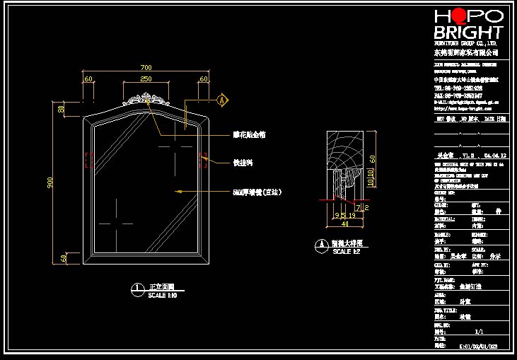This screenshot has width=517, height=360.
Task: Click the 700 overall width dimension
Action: coord(146,68)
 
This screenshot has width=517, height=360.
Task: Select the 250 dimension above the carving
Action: coord(146,79)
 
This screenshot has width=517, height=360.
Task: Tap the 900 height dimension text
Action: coord(50,182)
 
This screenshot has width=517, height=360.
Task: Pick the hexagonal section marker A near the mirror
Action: coord(223,100)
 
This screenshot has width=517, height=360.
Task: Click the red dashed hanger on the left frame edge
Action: coord(87,161)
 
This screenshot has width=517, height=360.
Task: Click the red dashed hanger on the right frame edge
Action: coord(204,160)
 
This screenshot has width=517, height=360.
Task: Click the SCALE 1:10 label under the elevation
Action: coord(162,295)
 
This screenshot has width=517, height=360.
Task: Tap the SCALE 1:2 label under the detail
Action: coord(347,252)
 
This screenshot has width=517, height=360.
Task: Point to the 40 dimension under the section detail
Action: coord(344,224)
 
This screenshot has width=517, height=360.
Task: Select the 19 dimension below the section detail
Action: coord(352,215)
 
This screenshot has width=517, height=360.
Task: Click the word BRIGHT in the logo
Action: coord(468,33)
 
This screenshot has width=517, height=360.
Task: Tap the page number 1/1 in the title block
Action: coord(479,330)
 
